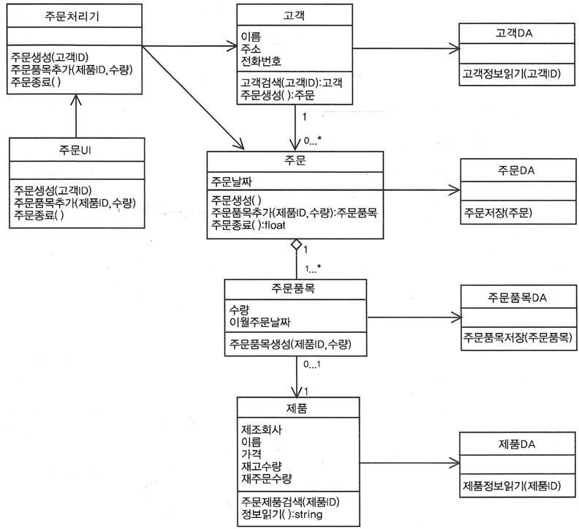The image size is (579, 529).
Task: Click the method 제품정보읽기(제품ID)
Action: pos(513,485)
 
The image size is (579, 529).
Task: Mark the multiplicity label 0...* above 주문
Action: pos(312,138)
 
